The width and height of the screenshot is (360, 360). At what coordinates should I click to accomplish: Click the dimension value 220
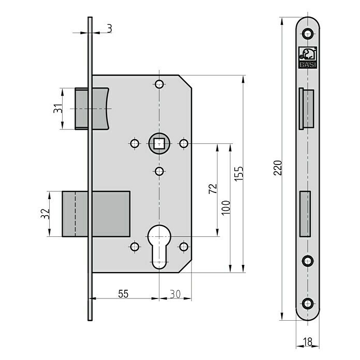(278, 168)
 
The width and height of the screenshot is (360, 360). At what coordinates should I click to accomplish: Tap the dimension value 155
(239, 174)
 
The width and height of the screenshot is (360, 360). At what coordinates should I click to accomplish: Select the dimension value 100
(226, 207)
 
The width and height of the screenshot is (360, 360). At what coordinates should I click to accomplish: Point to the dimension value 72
(213, 188)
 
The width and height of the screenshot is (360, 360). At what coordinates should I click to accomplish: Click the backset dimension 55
(123, 294)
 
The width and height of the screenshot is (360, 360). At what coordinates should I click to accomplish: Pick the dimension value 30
(175, 294)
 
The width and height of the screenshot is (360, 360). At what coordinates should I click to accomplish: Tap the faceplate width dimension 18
(308, 342)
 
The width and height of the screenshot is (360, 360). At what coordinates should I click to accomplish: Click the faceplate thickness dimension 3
(110, 29)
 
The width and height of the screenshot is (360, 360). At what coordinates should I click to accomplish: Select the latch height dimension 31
(58, 109)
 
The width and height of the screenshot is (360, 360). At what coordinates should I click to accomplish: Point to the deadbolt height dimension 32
(45, 214)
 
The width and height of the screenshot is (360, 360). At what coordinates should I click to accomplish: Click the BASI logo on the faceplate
(308, 57)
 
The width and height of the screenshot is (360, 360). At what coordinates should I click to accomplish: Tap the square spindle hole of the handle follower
(159, 144)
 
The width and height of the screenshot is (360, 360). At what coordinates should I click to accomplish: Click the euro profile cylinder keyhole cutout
(159, 247)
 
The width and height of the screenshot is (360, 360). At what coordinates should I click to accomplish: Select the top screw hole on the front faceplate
(308, 34)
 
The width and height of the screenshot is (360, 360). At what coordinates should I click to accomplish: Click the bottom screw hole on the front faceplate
(308, 304)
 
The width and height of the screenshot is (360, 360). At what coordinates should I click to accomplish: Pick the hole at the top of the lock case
(159, 84)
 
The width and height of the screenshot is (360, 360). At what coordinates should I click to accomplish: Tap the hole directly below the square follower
(159, 171)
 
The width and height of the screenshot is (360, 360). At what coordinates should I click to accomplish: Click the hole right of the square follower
(184, 144)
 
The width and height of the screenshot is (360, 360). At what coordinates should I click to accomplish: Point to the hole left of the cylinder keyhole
(134, 247)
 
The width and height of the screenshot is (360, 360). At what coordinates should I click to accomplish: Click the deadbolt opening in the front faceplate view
(305, 214)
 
